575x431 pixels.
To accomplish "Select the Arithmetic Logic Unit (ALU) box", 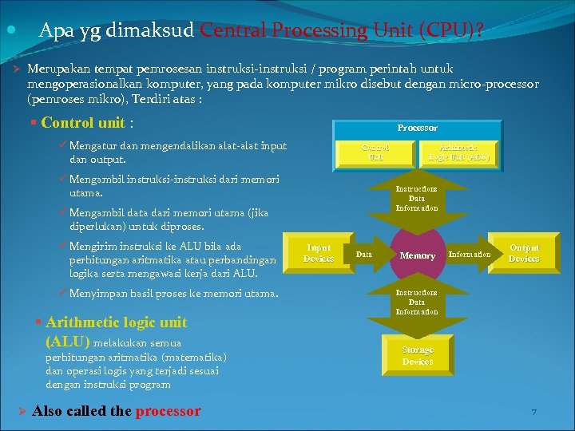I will point(458,152).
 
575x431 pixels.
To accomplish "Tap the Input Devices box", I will point(318,253).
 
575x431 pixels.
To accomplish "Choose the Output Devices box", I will point(524,253).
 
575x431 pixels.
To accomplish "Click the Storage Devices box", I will point(418,356).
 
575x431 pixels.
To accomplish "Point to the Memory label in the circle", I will point(417,255).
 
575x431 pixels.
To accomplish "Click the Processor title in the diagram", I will point(418,128).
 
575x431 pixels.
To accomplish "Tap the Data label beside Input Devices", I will point(363,255).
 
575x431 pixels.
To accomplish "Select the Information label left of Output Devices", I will point(470,255).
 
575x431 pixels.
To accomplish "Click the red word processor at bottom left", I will point(168,411).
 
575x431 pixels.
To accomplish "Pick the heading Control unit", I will point(83,123).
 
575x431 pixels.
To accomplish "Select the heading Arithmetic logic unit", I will point(117,322).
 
